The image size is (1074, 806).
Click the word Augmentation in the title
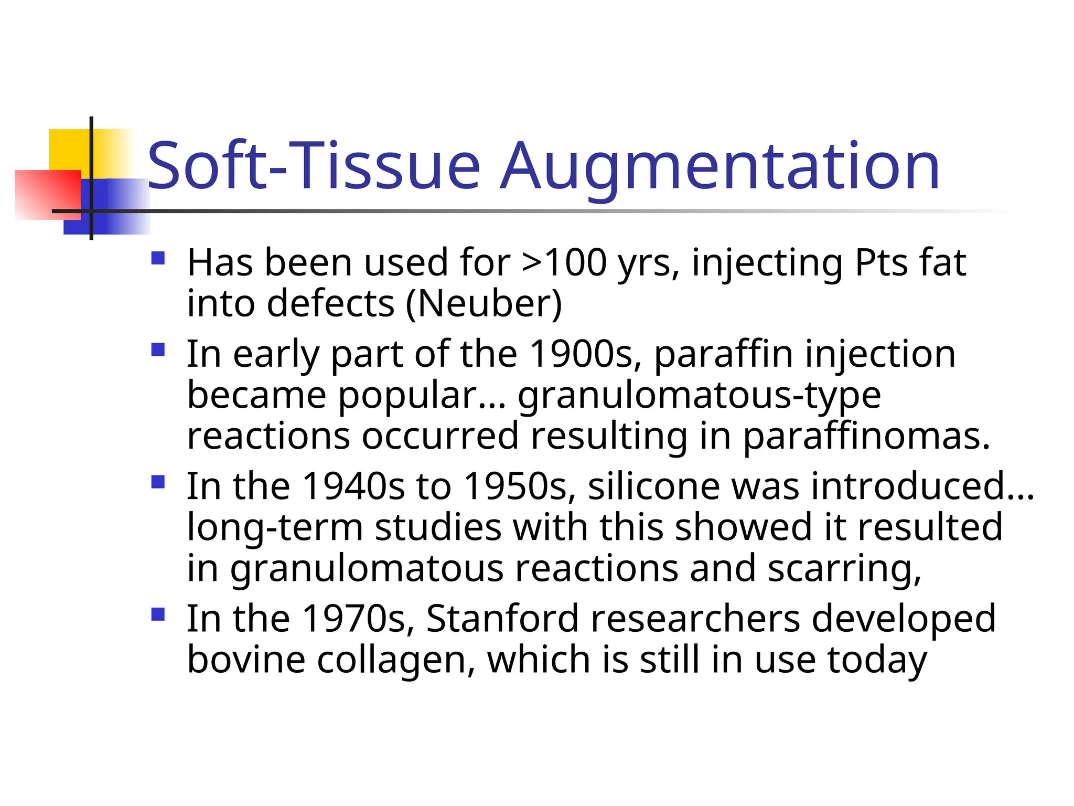click(x=719, y=167)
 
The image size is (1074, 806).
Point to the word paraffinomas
click(x=866, y=437)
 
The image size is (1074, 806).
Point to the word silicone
click(x=654, y=486)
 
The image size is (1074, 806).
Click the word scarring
click(x=844, y=569)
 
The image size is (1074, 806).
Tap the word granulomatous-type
click(x=699, y=395)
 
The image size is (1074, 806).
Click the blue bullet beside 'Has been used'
click(x=158, y=258)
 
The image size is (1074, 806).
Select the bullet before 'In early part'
click(x=158, y=349)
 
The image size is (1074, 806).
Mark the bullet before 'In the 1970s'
click(x=158, y=614)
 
